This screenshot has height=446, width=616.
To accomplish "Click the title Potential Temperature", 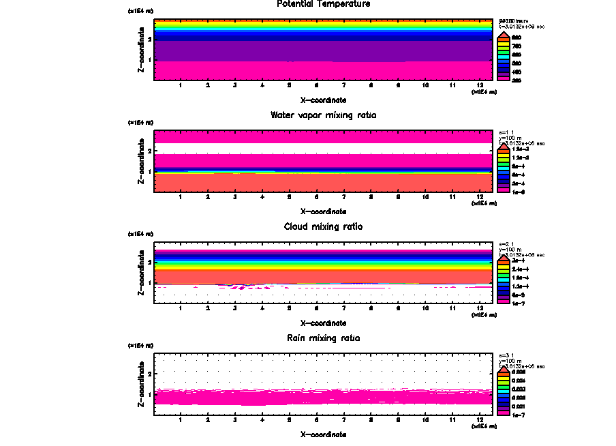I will pyautogui.click(x=324, y=4).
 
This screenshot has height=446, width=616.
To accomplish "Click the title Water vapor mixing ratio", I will pyautogui.click(x=324, y=115).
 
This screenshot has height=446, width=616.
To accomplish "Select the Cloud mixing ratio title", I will pyautogui.click(x=324, y=226).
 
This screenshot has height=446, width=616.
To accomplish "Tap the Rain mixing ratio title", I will pyautogui.click(x=324, y=338).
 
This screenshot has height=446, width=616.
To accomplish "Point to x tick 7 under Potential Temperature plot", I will pyautogui.click(x=344, y=86).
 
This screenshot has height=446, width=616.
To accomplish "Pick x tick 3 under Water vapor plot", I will pyautogui.click(x=235, y=197).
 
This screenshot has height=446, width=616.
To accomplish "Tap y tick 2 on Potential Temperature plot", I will pyautogui.click(x=149, y=40).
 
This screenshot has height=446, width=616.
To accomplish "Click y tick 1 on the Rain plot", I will pyautogui.click(x=149, y=394).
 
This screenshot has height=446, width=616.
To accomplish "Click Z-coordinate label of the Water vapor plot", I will pyautogui.click(x=141, y=160).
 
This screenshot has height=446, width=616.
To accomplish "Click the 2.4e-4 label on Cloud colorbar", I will pyautogui.click(x=520, y=270).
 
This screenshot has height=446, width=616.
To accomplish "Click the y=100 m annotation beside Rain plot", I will pyautogui.click(x=511, y=361).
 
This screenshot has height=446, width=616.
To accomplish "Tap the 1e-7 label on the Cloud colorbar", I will pyautogui.click(x=519, y=302).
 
